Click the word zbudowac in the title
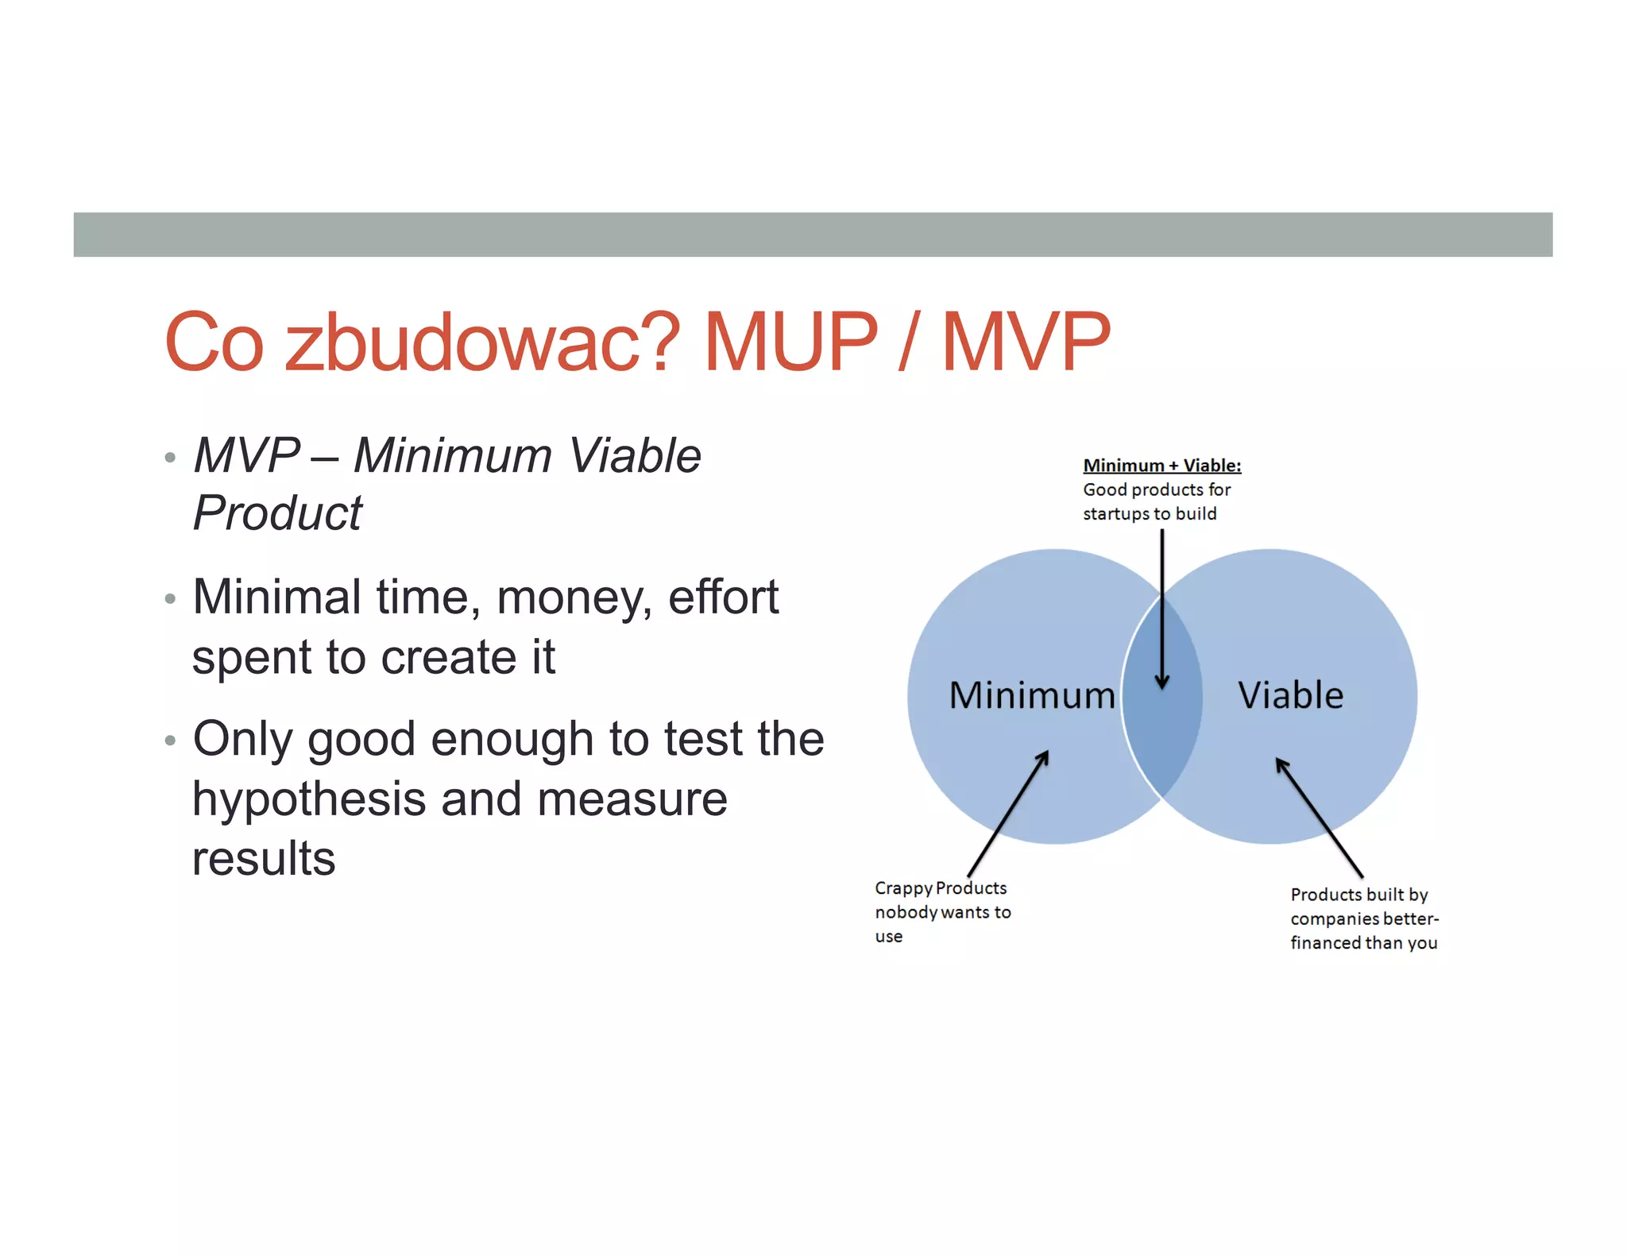[x=481, y=343]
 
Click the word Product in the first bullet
[x=277, y=513]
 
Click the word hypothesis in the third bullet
[x=309, y=799]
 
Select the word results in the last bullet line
[x=264, y=859]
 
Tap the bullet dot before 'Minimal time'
[x=169, y=599]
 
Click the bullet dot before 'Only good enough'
[x=169, y=741]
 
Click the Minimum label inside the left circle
[x=1031, y=696]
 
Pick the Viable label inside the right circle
[x=1290, y=696]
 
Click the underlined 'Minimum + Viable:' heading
[x=1161, y=466]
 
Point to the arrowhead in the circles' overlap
[x=1162, y=682]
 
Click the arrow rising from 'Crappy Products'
[x=1007, y=814]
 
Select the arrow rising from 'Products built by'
[x=1319, y=818]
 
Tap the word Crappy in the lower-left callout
[x=902, y=888]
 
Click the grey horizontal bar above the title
[x=813, y=234]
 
